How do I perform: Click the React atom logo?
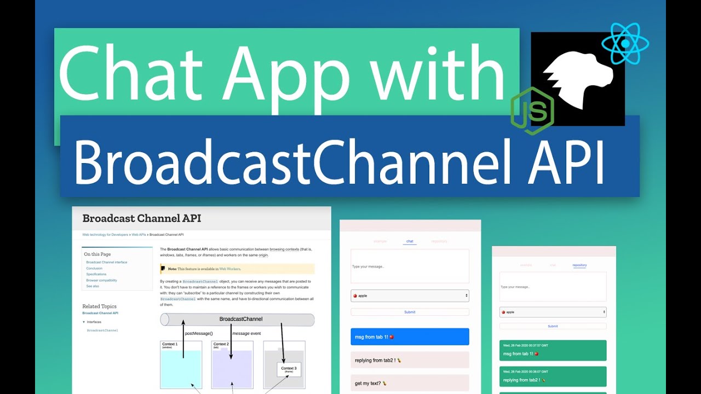pyautogui.click(x=625, y=43)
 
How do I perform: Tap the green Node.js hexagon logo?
pyautogui.click(x=532, y=111)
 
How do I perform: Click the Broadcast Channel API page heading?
pyautogui.click(x=141, y=218)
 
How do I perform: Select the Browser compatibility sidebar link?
pyautogui.click(x=101, y=280)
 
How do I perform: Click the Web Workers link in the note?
pyautogui.click(x=229, y=269)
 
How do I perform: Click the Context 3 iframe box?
pyautogui.click(x=289, y=369)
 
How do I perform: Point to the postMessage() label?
pyautogui.click(x=199, y=333)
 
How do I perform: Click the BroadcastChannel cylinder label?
pyautogui.click(x=240, y=319)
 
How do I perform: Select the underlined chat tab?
pyautogui.click(x=410, y=241)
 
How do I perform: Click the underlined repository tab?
pyautogui.click(x=579, y=265)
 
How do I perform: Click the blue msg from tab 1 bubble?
pyautogui.click(x=410, y=337)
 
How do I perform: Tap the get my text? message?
pyautogui.click(x=410, y=383)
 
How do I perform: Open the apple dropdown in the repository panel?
pyautogui.click(x=553, y=312)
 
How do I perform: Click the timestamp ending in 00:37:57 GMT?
pyautogui.click(x=525, y=345)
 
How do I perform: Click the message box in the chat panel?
pyautogui.click(x=410, y=266)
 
